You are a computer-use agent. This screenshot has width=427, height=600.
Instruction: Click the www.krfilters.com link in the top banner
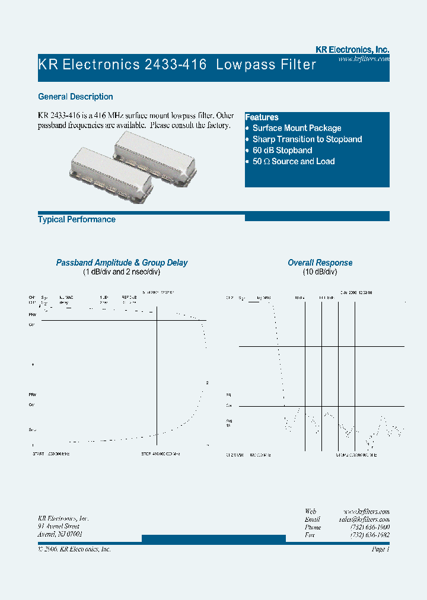364,59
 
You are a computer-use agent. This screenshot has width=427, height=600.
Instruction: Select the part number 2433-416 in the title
175,65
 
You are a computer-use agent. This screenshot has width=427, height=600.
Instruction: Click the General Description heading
75,97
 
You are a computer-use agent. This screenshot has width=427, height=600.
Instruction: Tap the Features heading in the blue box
262,117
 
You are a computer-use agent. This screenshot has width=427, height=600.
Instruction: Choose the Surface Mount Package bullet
297,128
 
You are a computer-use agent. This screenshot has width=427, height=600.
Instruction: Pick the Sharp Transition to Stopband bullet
307,139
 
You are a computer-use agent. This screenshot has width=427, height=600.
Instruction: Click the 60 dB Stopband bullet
282,151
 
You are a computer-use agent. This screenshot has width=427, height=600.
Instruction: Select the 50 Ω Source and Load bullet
293,161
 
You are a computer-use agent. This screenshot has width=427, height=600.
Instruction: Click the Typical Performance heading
77,219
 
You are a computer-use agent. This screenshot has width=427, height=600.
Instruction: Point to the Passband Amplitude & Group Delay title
122,263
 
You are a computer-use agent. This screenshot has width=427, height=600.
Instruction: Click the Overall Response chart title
320,263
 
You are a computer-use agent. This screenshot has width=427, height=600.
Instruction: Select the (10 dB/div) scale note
320,272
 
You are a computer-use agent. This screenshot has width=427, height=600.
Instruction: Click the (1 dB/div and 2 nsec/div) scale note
122,272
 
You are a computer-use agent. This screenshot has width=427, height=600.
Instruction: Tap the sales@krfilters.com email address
364,519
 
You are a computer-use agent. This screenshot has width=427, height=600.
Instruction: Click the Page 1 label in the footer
380,550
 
